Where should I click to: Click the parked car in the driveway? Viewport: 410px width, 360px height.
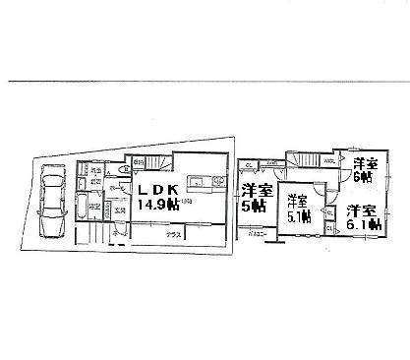tap(51, 202)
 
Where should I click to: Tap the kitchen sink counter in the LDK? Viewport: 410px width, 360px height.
tap(193, 180)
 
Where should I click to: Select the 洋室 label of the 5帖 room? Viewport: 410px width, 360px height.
tap(256, 191)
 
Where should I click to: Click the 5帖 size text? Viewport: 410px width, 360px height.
tap(255, 207)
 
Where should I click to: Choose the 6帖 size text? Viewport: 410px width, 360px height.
tap(363, 178)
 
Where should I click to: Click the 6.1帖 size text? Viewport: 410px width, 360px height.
tap(364, 225)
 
